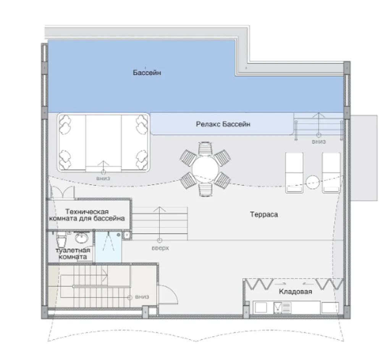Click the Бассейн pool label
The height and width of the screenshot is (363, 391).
pos(147,73)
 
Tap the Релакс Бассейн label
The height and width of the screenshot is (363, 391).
pos(223,124)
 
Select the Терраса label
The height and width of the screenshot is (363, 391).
pos(264,215)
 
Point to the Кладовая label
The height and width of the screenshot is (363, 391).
pos(295,292)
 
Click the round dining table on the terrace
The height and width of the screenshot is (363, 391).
pos(205,169)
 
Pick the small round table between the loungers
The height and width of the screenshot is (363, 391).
pos(313,182)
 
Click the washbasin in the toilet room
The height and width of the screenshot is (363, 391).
pos(82,238)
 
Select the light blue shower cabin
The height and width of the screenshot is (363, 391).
pos(108,247)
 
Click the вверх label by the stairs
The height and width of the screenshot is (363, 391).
pos(160,248)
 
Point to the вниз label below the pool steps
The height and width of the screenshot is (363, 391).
pos(319,142)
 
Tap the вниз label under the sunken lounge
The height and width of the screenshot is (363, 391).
pos(103,178)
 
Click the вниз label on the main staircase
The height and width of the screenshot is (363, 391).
pos(142,297)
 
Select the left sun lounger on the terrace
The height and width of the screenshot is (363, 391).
pos(294,173)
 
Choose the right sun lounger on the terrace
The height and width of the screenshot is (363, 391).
pos(331,173)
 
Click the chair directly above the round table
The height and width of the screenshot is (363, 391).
pos(205,149)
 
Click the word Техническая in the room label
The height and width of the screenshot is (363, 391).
pos(87,212)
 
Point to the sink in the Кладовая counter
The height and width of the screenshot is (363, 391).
pos(282,308)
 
